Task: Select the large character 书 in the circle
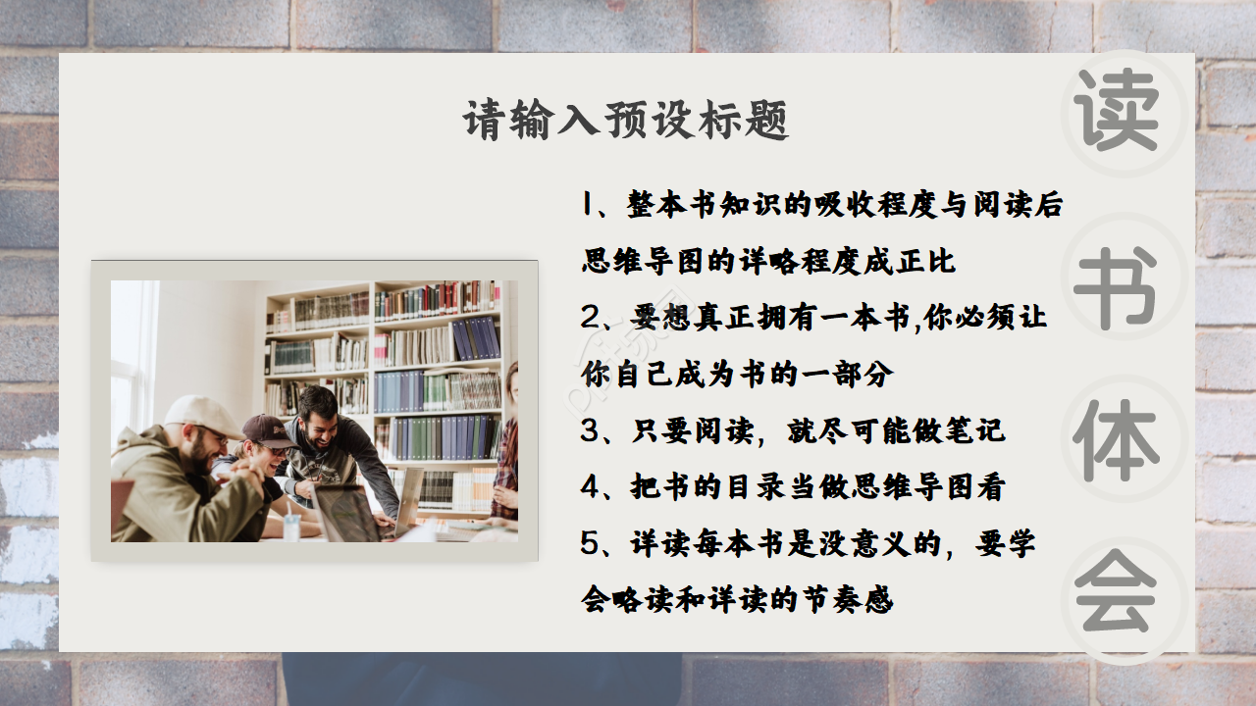point(1116,285)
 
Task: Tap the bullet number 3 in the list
point(589,431)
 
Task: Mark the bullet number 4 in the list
point(589,487)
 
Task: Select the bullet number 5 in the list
point(589,543)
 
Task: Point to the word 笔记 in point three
point(980,431)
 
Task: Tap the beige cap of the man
point(203,414)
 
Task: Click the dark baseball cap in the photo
point(267,429)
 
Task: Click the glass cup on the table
point(291,527)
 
